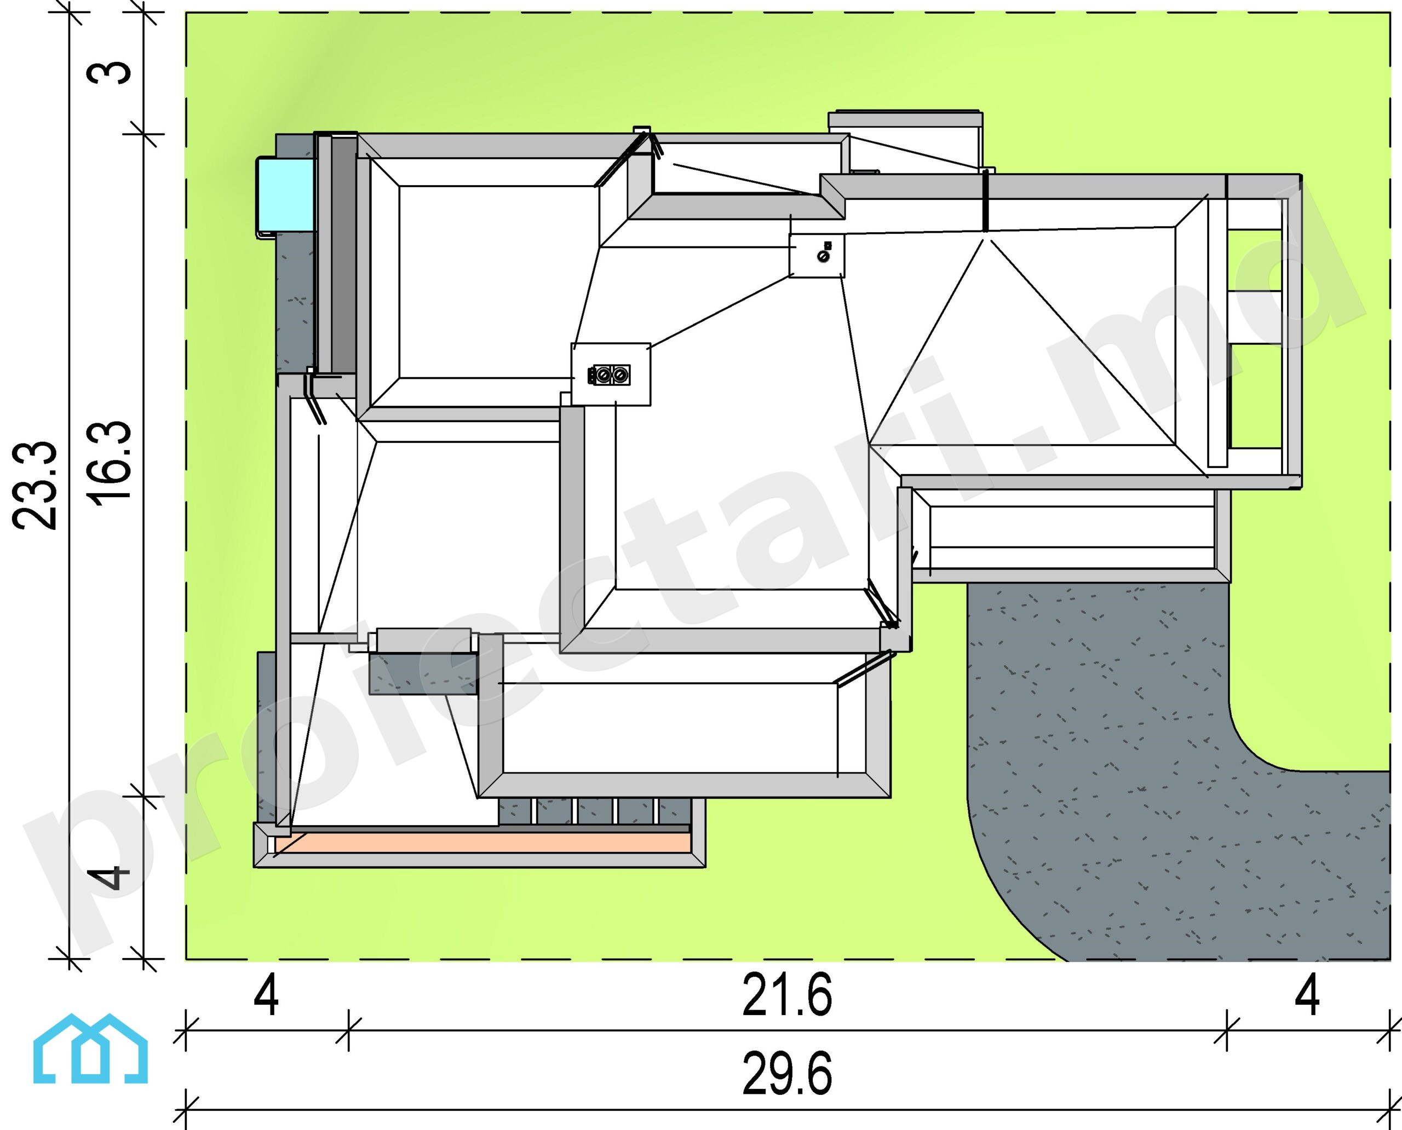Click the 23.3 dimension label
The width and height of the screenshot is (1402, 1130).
35,485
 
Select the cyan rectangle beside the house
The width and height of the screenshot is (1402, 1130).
286,194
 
